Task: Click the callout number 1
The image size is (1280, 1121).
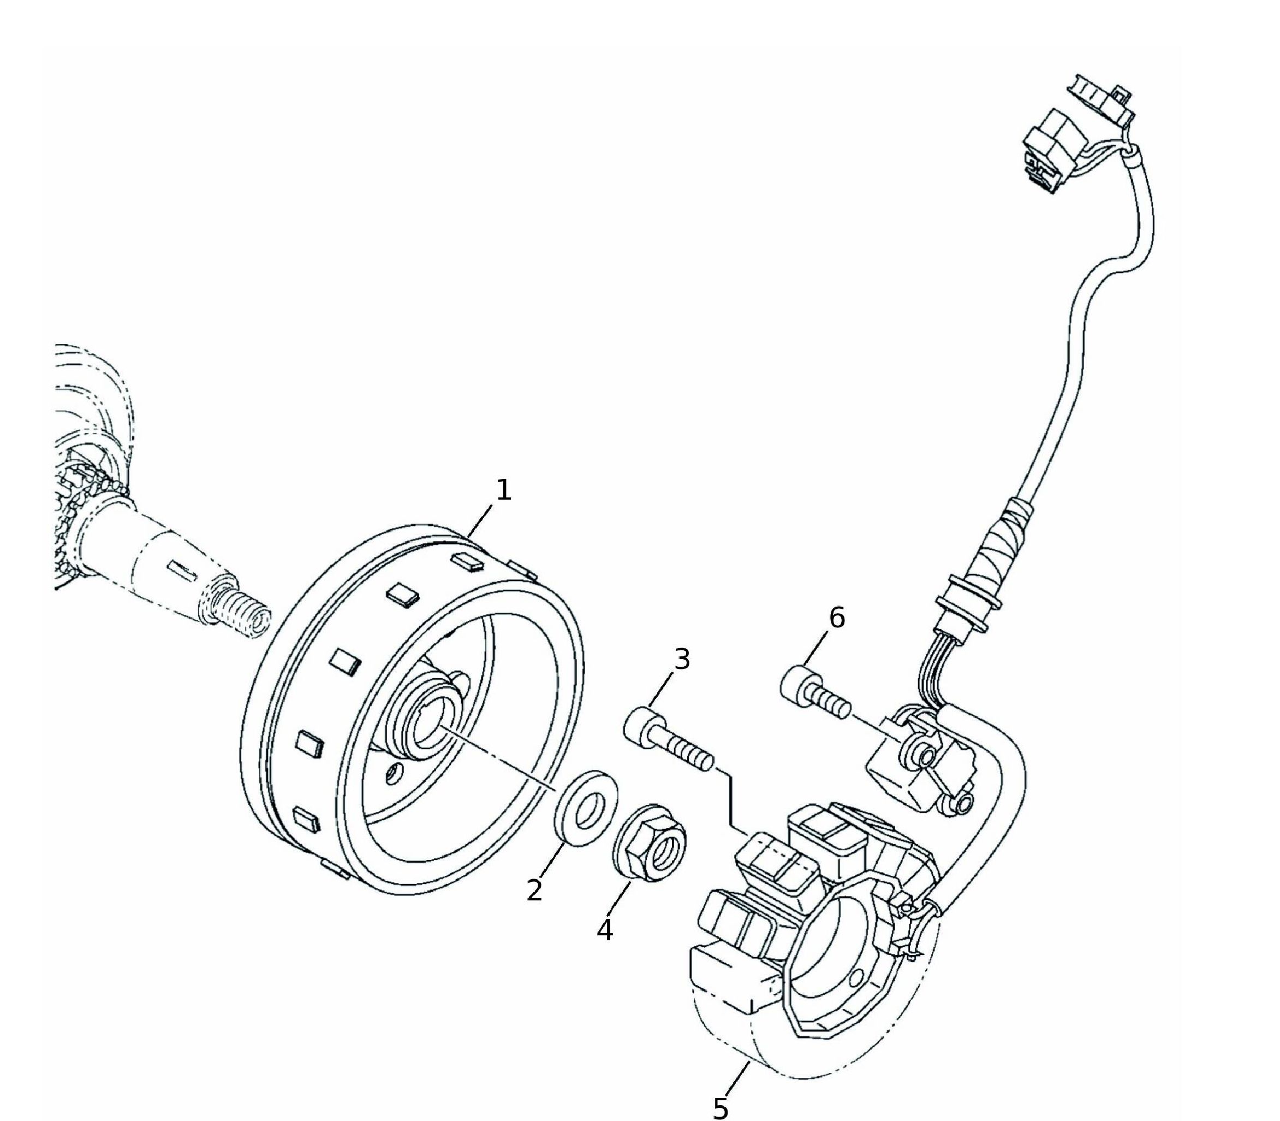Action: (503, 490)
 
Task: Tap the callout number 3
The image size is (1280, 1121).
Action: (681, 660)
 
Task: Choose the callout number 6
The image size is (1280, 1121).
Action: (837, 618)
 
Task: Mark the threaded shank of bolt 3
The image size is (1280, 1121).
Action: (684, 751)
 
